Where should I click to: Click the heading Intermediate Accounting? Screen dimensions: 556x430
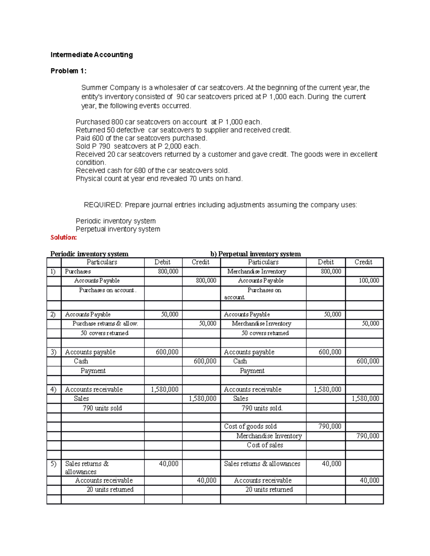(x=91, y=55)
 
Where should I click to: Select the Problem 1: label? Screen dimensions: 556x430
(x=68, y=71)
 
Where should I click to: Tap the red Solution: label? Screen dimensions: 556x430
(x=63, y=237)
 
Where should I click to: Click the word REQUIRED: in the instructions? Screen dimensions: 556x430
(x=103, y=205)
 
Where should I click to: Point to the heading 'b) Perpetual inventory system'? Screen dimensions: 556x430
(x=255, y=254)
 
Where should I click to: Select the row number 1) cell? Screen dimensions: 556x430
(x=53, y=271)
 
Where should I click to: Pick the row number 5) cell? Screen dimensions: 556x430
(x=53, y=464)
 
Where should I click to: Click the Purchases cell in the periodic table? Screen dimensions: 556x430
(x=78, y=271)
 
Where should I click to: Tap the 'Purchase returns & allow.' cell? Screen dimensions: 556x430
(x=105, y=324)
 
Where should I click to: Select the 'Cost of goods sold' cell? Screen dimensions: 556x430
(x=250, y=426)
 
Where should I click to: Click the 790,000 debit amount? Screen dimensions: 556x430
(x=330, y=426)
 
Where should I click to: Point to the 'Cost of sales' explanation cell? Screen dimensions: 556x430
(x=265, y=445)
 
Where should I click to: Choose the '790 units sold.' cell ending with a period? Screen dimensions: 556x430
(x=262, y=408)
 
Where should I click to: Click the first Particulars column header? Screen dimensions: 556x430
(x=102, y=262)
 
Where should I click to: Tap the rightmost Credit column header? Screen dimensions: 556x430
(x=363, y=262)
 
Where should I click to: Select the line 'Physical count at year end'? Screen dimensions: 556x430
(x=159, y=179)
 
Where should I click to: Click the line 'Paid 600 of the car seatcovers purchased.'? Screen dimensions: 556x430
(x=142, y=138)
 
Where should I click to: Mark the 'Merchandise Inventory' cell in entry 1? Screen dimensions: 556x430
(x=257, y=271)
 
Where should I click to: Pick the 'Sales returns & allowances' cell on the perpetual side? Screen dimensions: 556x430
(x=262, y=464)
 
